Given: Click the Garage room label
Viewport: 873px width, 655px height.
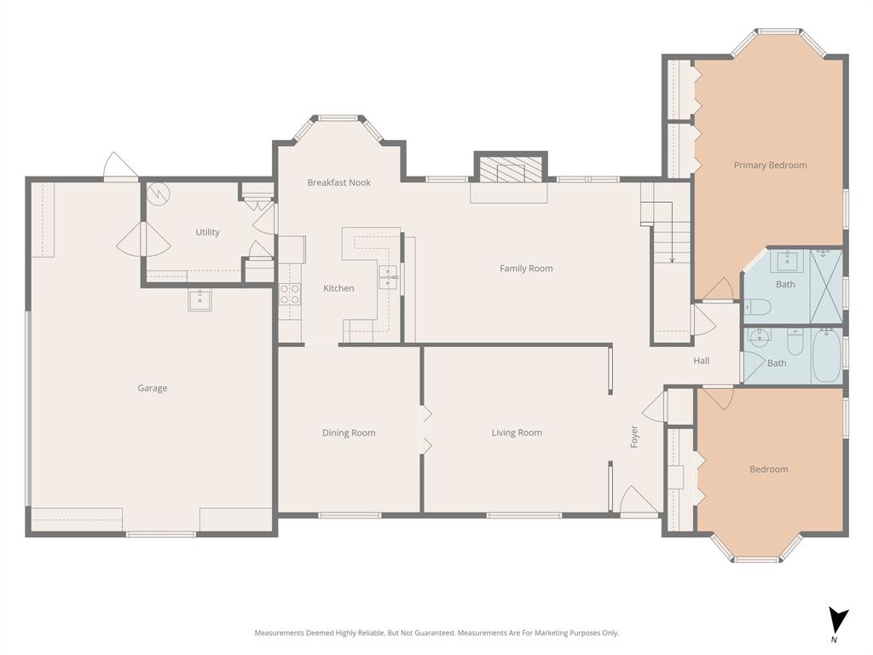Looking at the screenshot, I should click(153, 388).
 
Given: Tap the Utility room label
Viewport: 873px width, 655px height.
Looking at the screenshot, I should click(207, 232).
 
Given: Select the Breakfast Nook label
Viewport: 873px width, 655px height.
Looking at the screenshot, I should click(338, 183).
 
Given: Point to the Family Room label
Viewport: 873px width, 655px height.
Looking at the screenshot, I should click(526, 268).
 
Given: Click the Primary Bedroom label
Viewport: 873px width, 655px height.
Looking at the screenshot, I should click(770, 165).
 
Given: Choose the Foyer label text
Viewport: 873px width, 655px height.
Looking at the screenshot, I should click(633, 436).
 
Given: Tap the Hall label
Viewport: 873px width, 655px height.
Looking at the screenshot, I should click(701, 361).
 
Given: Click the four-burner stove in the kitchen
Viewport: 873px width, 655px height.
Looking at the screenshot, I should click(290, 294).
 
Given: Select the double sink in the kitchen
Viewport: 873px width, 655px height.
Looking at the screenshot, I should click(388, 277).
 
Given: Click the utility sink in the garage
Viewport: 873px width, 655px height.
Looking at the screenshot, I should click(199, 299).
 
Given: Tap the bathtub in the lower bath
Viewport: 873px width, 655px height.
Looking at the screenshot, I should click(825, 356).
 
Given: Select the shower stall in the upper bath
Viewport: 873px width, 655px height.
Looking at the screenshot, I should click(824, 275).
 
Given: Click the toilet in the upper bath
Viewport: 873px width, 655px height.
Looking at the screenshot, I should click(758, 306).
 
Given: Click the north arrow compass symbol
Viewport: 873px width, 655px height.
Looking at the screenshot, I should click(839, 621).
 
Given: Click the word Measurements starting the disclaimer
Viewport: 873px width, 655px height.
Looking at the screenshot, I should click(280, 633).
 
